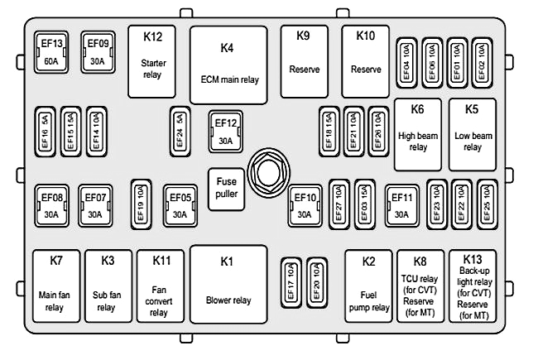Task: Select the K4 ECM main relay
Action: [229, 64]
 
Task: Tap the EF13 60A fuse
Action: [51, 53]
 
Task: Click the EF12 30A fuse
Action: [226, 132]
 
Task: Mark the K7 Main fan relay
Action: [56, 286]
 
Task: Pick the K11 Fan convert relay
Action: [161, 286]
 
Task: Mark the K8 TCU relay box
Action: [420, 285]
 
